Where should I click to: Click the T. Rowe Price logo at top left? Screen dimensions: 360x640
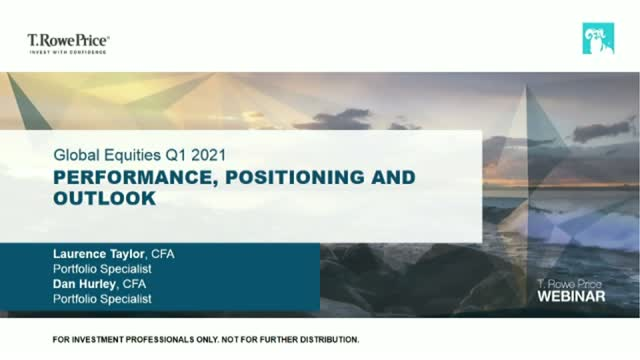[68, 41]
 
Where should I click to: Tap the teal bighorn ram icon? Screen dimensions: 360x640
[598, 39]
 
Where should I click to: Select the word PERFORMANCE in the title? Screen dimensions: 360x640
[116, 178]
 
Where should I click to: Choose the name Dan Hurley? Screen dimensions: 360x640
[85, 283]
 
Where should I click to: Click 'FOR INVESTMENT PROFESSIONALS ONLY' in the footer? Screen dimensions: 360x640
[145, 340]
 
